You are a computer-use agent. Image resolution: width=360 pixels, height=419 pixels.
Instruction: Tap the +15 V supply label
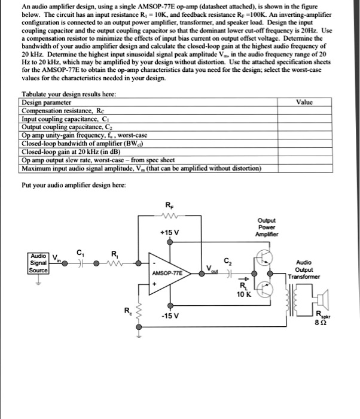click(x=169, y=232)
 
